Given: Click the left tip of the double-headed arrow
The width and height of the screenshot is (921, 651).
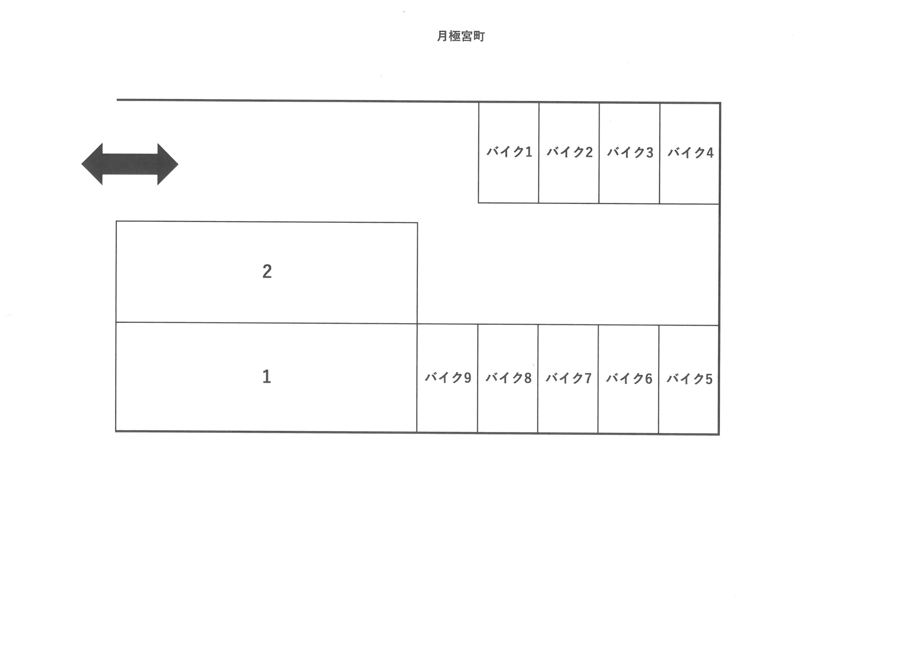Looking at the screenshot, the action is coord(81,164).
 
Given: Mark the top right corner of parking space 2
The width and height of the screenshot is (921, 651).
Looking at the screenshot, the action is coord(417,223).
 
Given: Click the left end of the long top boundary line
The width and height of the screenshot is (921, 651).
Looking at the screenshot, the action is coord(117,100).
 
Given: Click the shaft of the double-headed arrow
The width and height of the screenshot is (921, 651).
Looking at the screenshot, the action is coord(130,164).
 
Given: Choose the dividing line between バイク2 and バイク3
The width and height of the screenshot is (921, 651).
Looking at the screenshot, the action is coord(599,153).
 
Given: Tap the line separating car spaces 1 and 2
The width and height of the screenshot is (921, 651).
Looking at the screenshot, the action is coord(267,323).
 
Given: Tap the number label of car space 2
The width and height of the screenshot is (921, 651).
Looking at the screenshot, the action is coord(267,271).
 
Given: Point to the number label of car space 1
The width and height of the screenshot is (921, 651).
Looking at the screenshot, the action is coord(267,376).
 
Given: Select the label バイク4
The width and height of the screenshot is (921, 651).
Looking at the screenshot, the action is coord(690,153).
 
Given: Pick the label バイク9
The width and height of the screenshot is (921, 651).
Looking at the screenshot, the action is coord(448,378).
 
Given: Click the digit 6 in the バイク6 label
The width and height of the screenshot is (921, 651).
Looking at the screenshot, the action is coord(649,379).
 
